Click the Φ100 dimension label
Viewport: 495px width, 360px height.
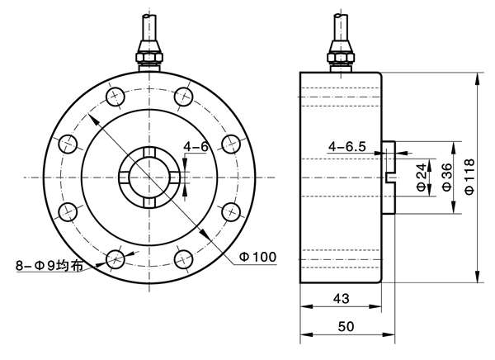pos(257,257)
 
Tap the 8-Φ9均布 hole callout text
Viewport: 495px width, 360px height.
pos(49,266)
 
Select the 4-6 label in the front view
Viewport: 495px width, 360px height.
pos(196,146)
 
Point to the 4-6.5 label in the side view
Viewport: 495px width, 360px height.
pos(347,146)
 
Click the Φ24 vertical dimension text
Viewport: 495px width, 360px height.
pos(422,177)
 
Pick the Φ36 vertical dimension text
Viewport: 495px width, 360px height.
pos(446,177)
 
